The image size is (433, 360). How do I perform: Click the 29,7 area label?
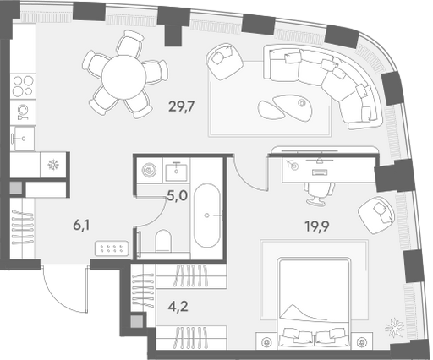click(182, 106)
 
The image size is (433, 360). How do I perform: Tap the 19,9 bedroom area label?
click(317, 226)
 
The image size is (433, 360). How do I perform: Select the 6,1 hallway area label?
click(81, 226)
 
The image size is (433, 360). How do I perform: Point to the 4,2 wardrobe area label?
click(178, 306)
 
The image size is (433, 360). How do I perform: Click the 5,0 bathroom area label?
click(178, 195)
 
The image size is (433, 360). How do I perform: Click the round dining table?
click(123, 77)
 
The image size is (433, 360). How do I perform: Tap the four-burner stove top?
click(24, 86)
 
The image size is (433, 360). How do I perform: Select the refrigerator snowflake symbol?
click(53, 165)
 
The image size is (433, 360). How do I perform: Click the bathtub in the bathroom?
click(207, 215)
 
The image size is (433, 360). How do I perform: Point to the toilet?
click(163, 242)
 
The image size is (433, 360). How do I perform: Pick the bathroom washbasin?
click(176, 171)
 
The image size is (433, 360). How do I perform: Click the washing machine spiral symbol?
click(149, 170)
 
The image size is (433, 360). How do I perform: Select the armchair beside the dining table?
click(225, 62)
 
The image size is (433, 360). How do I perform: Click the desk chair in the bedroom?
click(319, 193)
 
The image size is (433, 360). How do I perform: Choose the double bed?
click(314, 303)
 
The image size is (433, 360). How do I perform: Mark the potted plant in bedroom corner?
click(395, 327)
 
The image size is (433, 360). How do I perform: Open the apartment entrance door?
click(65, 289)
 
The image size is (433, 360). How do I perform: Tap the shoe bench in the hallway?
click(112, 248)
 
